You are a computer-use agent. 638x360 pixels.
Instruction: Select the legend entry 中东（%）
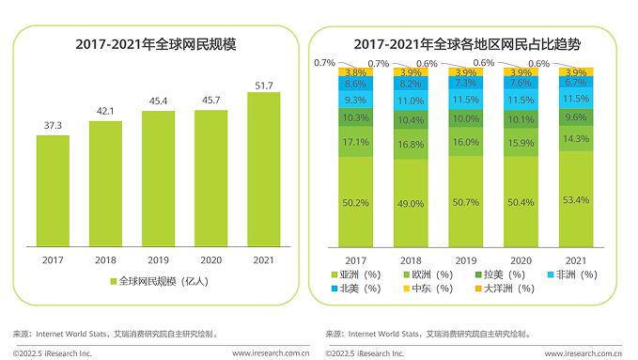point(427,289)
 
